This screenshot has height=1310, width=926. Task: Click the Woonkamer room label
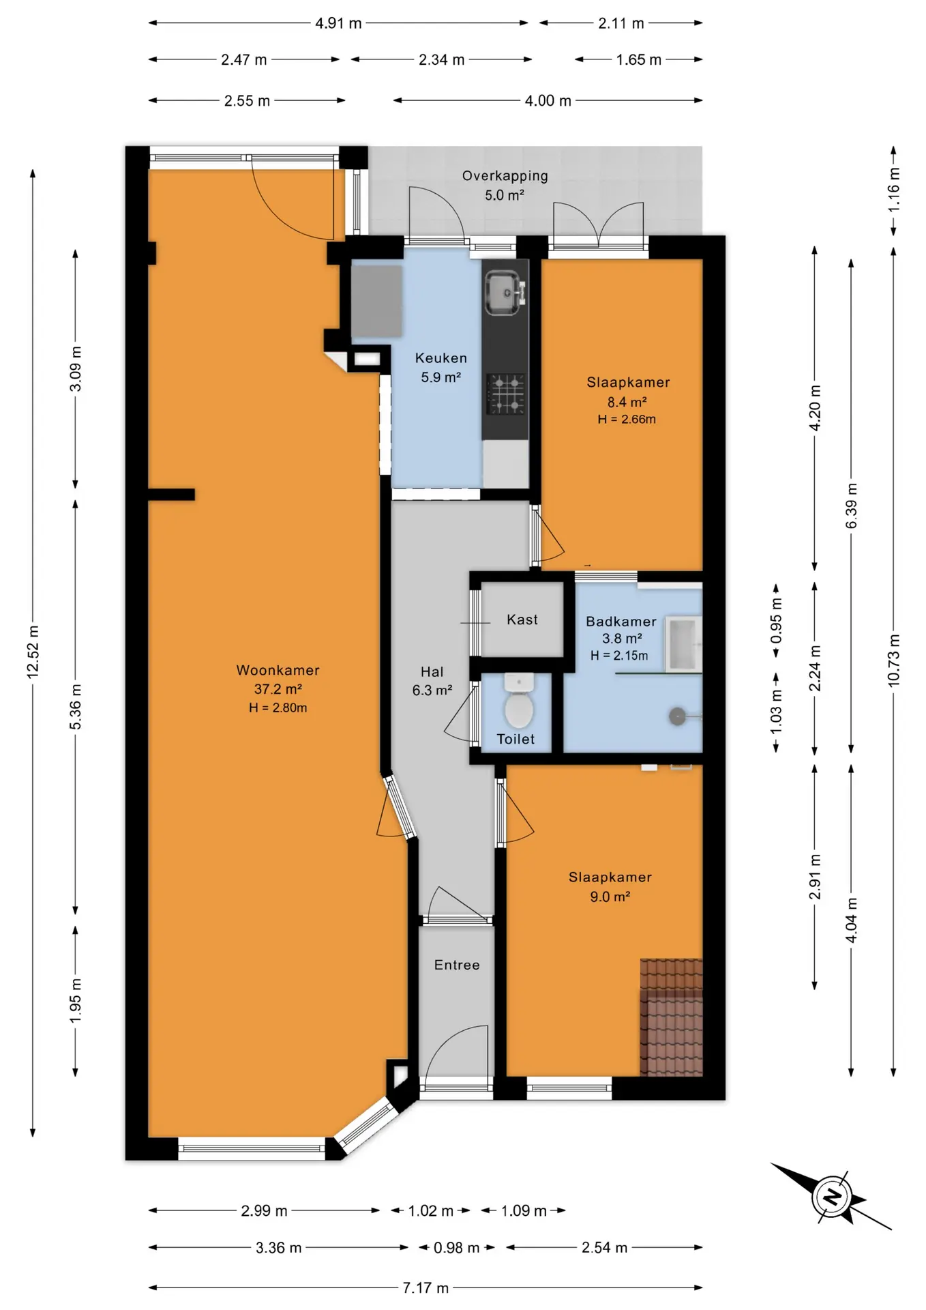[278, 670]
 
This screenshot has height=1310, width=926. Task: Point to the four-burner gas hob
[505, 394]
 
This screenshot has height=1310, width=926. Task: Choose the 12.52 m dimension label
[33, 652]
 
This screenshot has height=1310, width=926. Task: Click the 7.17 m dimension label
[425, 1287]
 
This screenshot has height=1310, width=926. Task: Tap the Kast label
[522, 620]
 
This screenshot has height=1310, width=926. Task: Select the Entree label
[457, 965]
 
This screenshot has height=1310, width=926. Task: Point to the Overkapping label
[505, 176]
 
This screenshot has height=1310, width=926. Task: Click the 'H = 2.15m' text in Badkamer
[619, 656]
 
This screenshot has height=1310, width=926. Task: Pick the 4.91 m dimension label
[338, 23]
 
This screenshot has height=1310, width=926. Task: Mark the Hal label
[432, 672]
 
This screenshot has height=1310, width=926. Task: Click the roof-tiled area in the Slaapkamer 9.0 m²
[671, 1017]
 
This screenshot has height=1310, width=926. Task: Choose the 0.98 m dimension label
[456, 1248]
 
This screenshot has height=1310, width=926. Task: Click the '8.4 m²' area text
[627, 402]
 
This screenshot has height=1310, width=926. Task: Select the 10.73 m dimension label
[894, 660]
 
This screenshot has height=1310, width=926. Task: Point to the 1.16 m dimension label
[894, 189]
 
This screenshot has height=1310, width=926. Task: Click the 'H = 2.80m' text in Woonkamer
[278, 708]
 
